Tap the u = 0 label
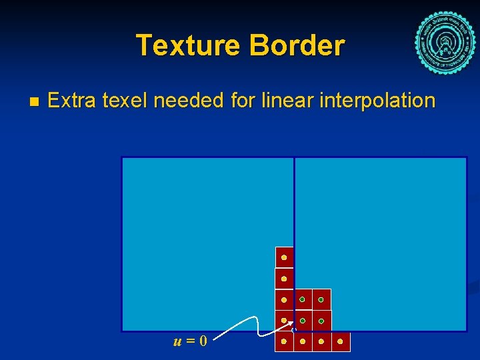[190, 341]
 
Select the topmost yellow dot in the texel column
[284, 257]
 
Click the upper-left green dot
[302, 300]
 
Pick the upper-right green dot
[321, 300]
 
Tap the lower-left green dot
[302, 321]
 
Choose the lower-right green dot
[321, 321]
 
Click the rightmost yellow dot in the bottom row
[341, 341]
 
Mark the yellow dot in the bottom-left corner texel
[284, 341]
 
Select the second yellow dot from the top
[284, 279]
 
